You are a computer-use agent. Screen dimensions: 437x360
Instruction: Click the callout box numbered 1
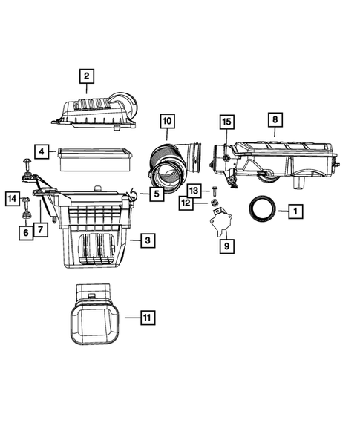click(295, 212)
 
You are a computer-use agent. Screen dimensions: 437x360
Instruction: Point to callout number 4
click(43, 153)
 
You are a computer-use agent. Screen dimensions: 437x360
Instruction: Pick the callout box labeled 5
click(157, 195)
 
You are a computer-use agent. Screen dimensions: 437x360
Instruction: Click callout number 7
click(41, 229)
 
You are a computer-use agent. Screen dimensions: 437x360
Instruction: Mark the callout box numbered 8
click(275, 119)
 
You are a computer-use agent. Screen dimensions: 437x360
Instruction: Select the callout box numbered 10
click(166, 120)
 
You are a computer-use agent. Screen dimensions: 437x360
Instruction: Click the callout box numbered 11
click(147, 318)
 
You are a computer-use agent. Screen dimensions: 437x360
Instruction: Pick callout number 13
click(194, 190)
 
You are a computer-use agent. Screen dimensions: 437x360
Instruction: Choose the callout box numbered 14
click(13, 198)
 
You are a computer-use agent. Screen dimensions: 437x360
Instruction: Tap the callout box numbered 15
click(226, 122)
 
